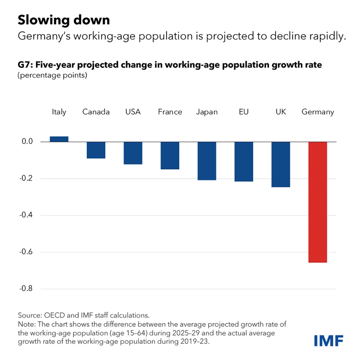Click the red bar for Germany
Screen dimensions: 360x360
tap(318, 202)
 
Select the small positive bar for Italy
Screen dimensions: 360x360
tap(59, 139)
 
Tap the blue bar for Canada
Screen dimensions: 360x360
tap(96, 150)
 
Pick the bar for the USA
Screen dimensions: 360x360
tap(133, 153)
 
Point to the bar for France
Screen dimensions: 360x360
tap(170, 155)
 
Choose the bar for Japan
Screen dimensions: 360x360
tap(207, 161)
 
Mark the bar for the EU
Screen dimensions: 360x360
tap(244, 161)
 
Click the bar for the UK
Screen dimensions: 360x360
tap(280, 164)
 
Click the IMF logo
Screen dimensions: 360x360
tap(328, 341)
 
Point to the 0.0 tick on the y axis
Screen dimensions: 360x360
tap(27, 141)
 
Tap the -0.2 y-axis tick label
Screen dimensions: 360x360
tap(26, 178)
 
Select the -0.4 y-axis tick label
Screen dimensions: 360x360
tap(26, 215)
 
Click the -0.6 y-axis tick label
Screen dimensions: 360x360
tap(26, 252)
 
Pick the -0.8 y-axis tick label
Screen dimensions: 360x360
tap(26, 289)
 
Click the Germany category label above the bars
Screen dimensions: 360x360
tap(318, 112)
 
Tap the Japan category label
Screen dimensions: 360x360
tap(207, 112)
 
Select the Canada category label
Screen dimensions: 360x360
tap(96, 112)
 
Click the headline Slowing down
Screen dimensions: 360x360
tap(64, 20)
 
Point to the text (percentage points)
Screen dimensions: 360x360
tap(52, 75)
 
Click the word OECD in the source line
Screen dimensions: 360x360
tap(54, 315)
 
